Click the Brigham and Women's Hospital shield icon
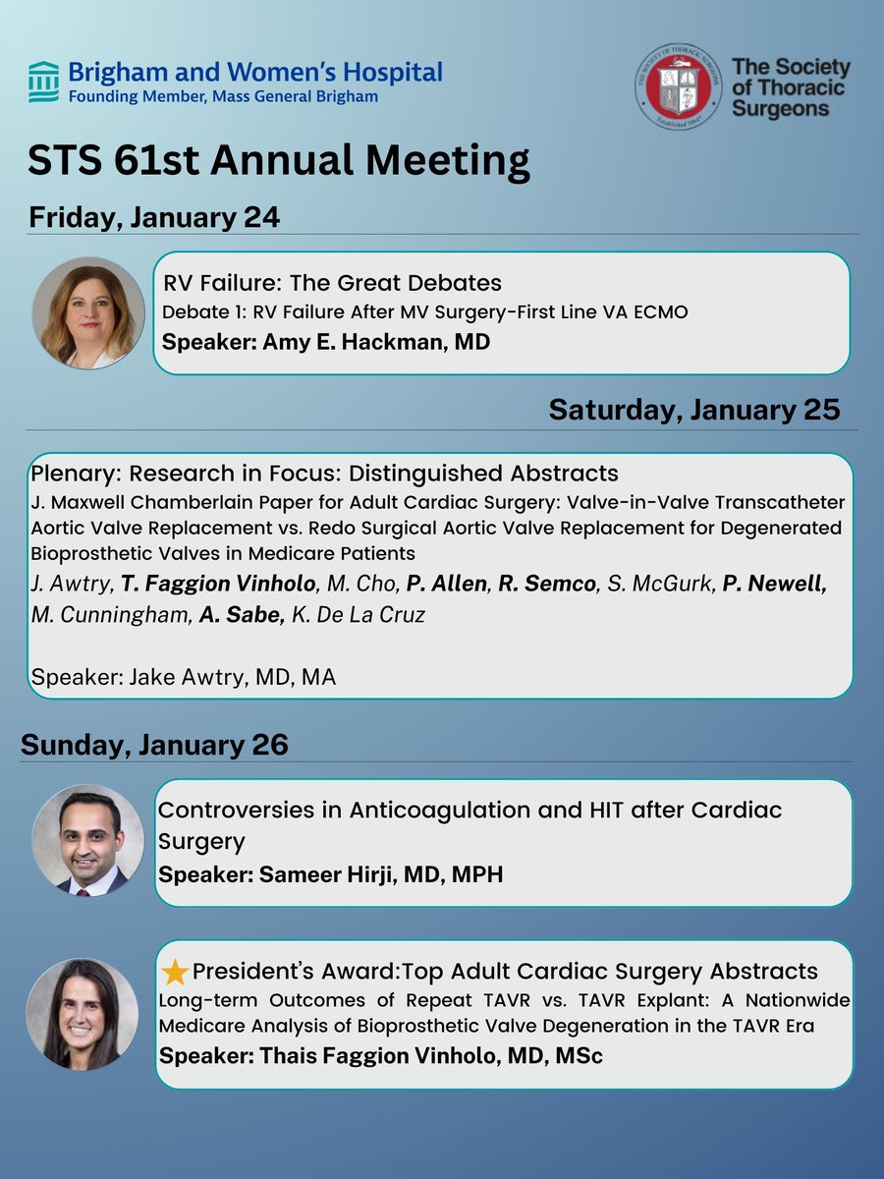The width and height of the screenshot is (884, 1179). [43, 82]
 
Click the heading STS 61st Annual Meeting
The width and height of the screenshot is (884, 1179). [279, 160]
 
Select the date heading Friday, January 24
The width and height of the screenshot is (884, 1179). [154, 217]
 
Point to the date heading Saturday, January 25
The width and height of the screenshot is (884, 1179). [694, 409]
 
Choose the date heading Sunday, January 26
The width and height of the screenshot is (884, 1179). [154, 744]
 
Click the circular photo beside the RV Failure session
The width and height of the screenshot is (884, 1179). [88, 312]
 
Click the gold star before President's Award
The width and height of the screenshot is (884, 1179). [175, 973]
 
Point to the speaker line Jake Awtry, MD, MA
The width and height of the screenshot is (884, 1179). [184, 677]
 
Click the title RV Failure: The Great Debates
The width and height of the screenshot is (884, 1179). [332, 283]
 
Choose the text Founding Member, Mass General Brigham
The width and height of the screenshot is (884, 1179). [223, 96]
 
